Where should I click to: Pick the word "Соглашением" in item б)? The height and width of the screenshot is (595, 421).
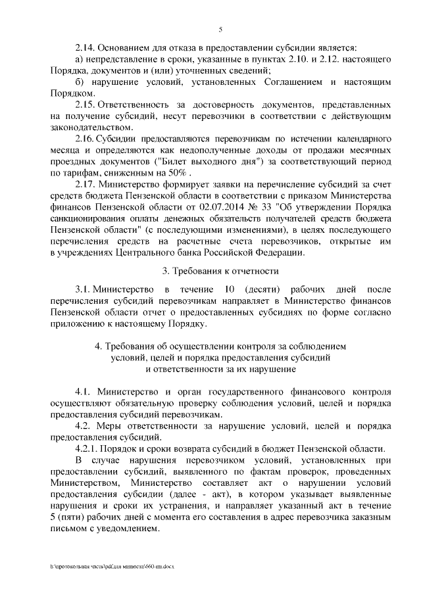288,82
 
